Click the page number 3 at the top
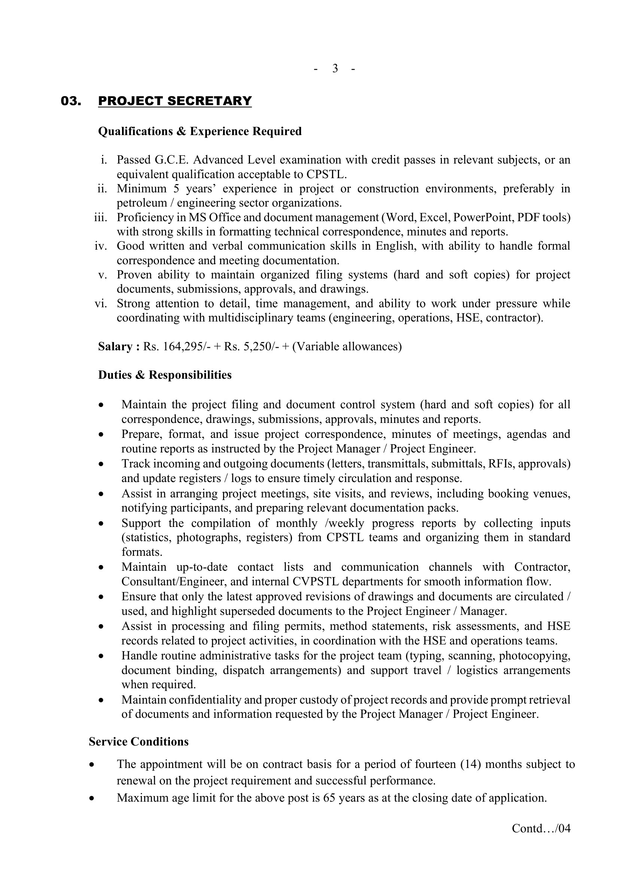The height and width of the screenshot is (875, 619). coord(335,68)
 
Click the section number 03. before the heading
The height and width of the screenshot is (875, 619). coord(71,101)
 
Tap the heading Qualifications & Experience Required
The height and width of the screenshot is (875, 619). coord(200,131)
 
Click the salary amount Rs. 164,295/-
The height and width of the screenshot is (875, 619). coord(175,347)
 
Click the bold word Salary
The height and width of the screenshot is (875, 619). coord(116,347)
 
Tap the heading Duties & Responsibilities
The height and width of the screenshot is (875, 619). coord(165,375)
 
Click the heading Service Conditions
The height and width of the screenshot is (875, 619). coord(139,742)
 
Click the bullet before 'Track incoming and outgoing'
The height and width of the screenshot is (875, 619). coord(101,464)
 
